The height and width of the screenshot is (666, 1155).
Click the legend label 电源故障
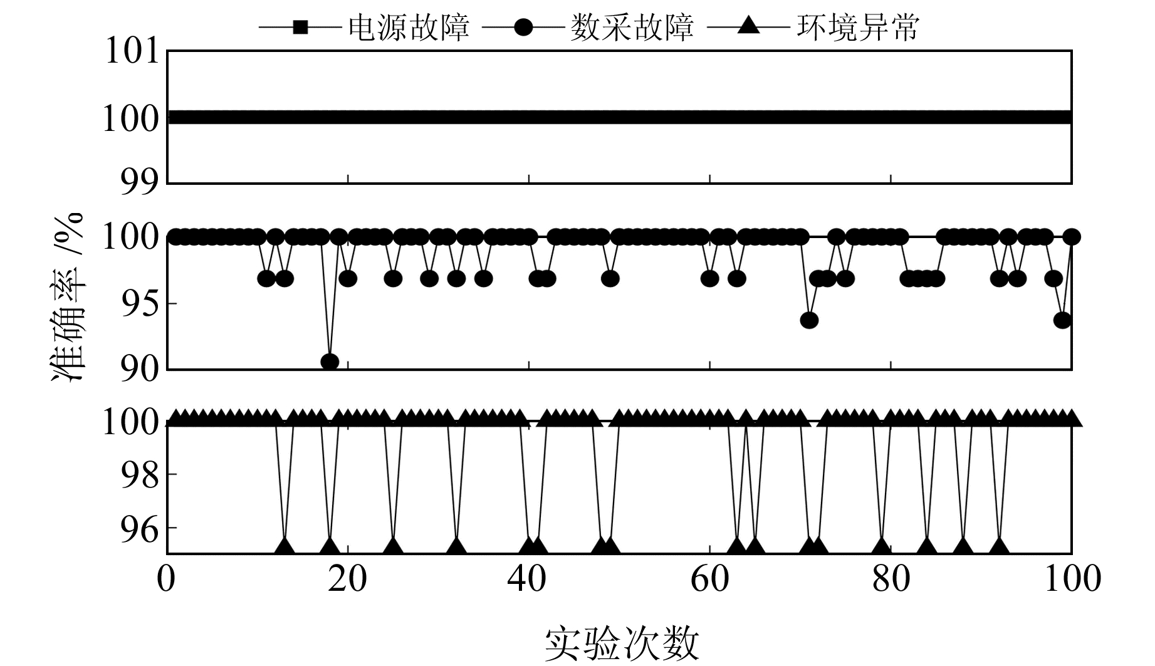point(409,28)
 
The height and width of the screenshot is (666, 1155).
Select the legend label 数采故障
point(632,28)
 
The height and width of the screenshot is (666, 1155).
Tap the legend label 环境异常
point(857,28)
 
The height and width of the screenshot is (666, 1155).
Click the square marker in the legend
point(300,28)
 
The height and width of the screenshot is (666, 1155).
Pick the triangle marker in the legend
point(747,27)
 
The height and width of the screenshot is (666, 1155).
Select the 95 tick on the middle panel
point(140,304)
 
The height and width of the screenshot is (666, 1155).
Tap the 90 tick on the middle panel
point(140,369)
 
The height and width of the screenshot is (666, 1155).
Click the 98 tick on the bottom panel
point(140,474)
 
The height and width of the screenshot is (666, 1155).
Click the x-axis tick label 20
point(348,578)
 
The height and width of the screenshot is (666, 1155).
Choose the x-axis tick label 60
point(710,578)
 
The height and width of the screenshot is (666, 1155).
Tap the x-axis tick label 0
point(167,578)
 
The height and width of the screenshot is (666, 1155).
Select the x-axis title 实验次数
point(621,643)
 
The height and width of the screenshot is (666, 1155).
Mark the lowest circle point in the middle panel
point(330,362)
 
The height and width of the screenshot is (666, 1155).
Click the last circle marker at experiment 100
point(1072,237)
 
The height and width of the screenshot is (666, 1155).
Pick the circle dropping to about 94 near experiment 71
point(809,320)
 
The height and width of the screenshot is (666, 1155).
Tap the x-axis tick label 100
point(1072,578)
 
